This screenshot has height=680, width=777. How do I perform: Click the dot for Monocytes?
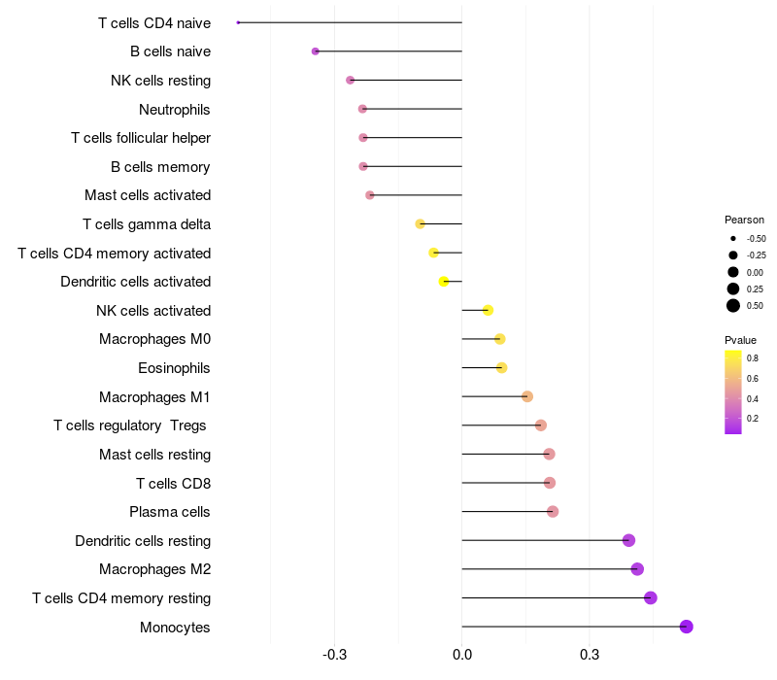click(686, 627)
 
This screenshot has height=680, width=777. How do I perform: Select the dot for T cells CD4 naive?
click(238, 22)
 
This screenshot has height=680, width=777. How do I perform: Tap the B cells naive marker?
click(315, 51)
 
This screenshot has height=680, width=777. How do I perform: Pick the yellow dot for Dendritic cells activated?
click(444, 282)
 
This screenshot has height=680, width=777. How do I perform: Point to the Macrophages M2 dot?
click(637, 569)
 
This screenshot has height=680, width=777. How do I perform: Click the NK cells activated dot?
click(488, 310)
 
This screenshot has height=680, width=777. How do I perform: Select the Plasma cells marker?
click(553, 512)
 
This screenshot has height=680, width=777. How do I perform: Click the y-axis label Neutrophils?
click(175, 109)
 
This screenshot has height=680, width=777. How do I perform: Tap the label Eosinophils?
click(175, 368)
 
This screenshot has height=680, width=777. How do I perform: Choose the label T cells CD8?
click(174, 483)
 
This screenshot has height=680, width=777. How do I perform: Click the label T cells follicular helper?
click(141, 138)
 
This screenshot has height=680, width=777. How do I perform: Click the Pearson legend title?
click(744, 220)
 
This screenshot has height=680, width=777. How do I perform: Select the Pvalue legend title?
click(740, 340)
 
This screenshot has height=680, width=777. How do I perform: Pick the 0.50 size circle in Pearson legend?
click(733, 306)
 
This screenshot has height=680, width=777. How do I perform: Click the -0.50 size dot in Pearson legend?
click(733, 238)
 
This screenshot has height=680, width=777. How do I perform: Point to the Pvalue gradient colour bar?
click(733, 391)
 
